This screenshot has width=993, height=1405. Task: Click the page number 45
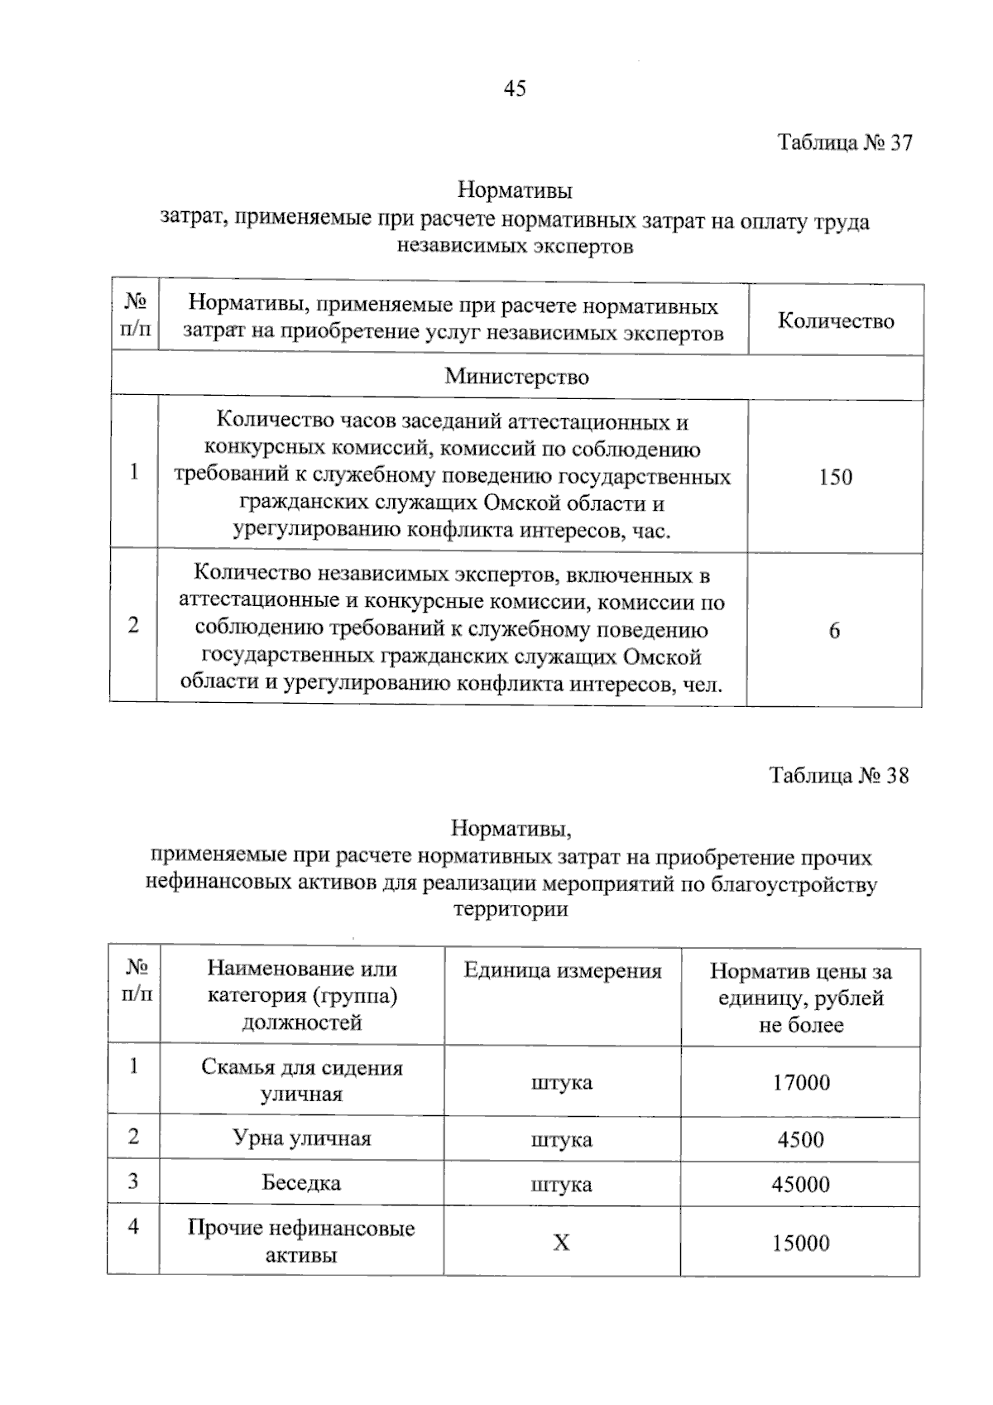coord(514,89)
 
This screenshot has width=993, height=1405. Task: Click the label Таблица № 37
coord(844,142)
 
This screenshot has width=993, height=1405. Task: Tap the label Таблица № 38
coord(838,776)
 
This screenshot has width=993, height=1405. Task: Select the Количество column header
coord(836,321)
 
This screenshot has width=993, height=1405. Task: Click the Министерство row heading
coord(516,377)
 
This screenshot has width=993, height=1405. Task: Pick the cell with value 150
coord(835,477)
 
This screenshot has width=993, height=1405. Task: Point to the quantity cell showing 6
coord(834,631)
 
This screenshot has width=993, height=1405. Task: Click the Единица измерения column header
coord(563,971)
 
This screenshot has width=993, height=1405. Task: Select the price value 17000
coord(800,1083)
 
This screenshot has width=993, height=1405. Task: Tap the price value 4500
coord(800,1140)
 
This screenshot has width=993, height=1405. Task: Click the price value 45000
coord(800,1185)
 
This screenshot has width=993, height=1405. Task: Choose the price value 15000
coord(800,1244)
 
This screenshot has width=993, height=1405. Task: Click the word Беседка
coord(301,1183)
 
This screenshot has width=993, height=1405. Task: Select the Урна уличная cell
coord(301,1138)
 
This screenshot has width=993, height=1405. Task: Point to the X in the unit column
coord(561,1244)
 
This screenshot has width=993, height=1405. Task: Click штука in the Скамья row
coord(561,1083)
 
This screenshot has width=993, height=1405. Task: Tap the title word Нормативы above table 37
coord(515,191)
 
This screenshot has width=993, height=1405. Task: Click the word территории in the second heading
coord(511,910)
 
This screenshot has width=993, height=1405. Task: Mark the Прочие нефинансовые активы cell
coord(301,1241)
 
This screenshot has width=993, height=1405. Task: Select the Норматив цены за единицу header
coord(800,998)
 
